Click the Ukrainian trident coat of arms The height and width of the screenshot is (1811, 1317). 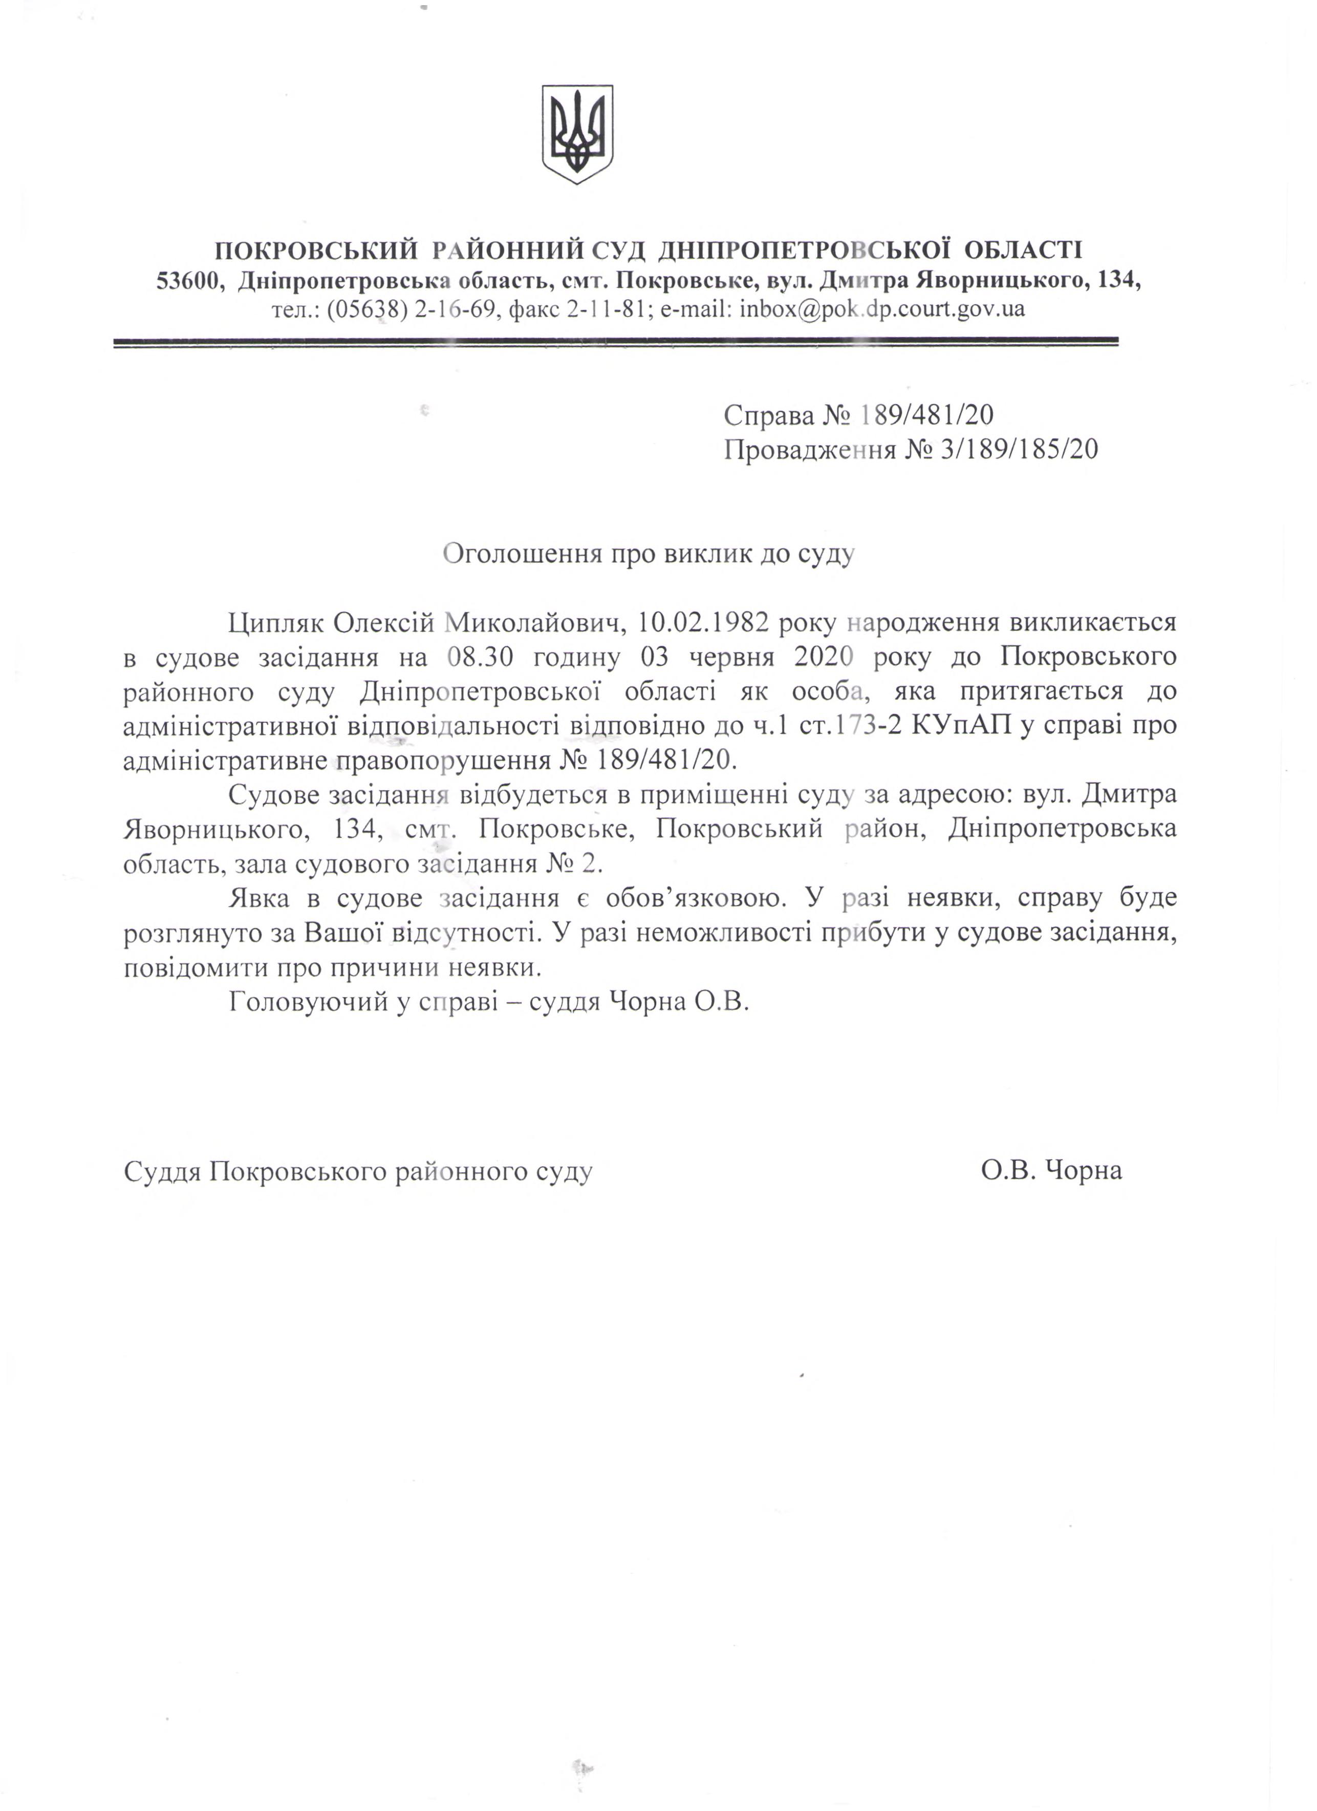pos(578,134)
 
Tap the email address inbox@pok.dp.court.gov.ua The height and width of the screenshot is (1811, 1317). pos(882,309)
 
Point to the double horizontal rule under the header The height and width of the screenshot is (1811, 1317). pos(615,343)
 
